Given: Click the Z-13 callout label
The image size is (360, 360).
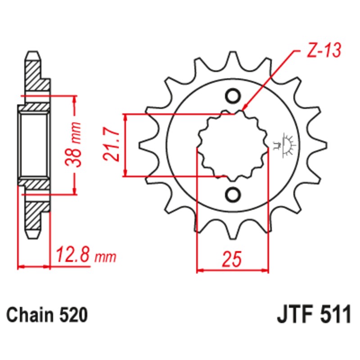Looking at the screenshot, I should (324, 51).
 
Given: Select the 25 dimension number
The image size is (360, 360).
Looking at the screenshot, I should (233, 260).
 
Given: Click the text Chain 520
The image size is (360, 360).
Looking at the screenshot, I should (47, 314).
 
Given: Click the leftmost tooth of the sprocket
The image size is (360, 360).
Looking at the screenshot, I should (145, 145).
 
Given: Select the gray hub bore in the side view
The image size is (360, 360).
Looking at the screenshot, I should (34, 145).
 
